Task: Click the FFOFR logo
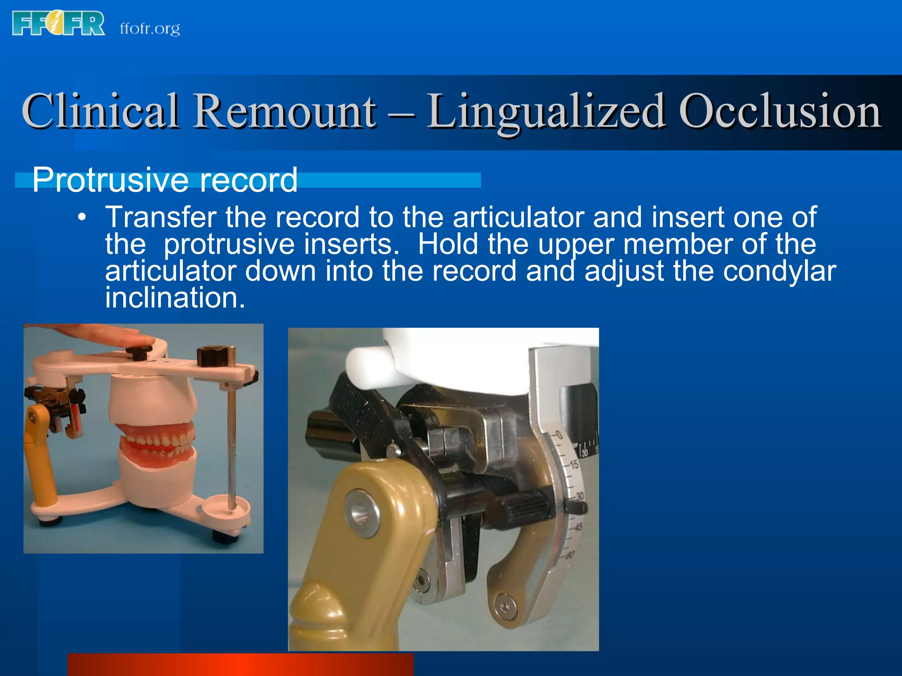point(59,24)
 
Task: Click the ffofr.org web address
point(150,29)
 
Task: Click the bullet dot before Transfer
point(81,218)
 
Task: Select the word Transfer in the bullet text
point(161,217)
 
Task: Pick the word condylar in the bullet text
point(779,271)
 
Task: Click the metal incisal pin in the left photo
point(231,440)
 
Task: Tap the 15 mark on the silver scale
point(573,464)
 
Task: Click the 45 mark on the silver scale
point(578,526)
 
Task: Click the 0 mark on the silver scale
point(559,436)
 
